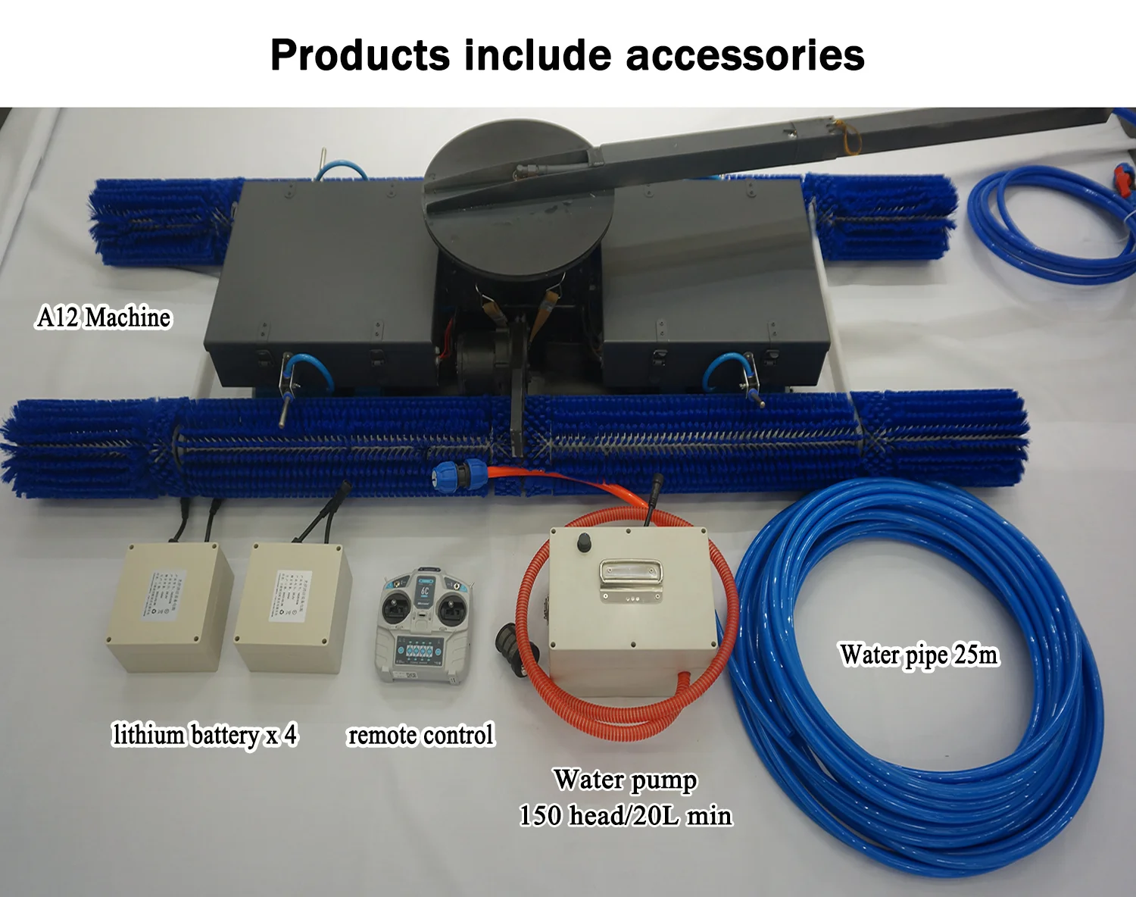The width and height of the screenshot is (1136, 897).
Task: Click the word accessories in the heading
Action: (745, 55)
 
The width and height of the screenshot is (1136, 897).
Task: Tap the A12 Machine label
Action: (104, 317)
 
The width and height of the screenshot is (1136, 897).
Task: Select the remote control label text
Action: (420, 735)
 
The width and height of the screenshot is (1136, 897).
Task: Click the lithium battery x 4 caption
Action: (204, 735)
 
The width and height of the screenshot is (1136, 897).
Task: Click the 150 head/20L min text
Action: (626, 816)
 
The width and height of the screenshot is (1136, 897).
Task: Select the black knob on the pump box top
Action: (584, 542)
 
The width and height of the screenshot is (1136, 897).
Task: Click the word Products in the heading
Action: (360, 55)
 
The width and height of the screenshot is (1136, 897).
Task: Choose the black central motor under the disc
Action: (481, 356)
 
